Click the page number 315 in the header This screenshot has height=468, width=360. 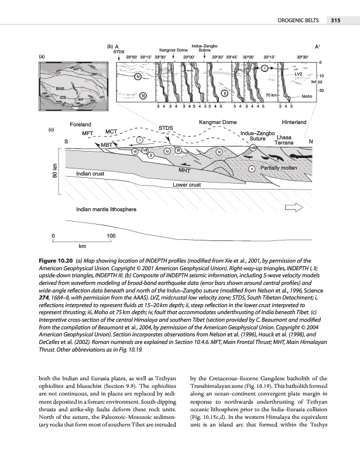(335, 21)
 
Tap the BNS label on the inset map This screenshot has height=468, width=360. (60, 88)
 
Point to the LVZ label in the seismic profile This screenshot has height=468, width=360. (298, 74)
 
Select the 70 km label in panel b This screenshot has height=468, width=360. (271, 95)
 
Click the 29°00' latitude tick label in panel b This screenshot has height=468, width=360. (189, 57)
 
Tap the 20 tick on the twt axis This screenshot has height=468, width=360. (321, 90)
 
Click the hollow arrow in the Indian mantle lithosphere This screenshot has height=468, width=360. (292, 208)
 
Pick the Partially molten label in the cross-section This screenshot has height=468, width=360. (280, 168)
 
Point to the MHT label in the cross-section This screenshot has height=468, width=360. (186, 171)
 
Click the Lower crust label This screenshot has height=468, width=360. (187, 185)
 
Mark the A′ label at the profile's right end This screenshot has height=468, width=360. (317, 46)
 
